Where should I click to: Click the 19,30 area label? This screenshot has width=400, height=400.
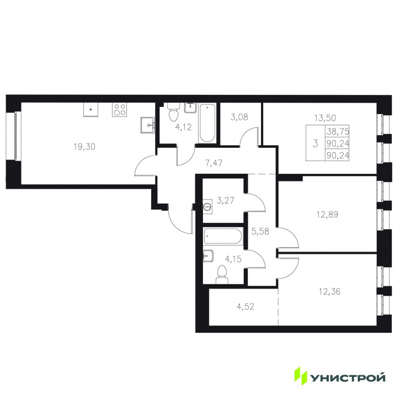84,147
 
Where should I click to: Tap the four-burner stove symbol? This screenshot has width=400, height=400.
119,110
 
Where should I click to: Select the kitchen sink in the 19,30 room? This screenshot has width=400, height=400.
147,125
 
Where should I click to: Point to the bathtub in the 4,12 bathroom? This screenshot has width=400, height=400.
207,123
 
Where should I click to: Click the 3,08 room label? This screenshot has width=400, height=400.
239,118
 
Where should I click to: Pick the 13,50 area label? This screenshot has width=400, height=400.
325,118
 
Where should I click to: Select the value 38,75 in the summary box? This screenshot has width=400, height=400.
338,132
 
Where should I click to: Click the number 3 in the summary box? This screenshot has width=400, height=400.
316,143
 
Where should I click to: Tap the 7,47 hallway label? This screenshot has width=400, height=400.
214,163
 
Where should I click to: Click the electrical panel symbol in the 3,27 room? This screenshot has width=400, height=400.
207,206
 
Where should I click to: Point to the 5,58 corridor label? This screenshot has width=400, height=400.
260,231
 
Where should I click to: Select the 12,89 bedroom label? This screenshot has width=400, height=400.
327,215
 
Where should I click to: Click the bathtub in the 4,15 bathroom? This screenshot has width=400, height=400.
223,236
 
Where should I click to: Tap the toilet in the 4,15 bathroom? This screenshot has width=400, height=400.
222,275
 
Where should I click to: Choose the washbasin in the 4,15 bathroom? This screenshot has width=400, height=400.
208,255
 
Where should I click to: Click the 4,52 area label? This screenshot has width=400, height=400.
246,307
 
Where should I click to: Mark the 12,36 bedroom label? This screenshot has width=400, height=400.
329,291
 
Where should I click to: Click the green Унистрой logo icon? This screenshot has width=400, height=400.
301,376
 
